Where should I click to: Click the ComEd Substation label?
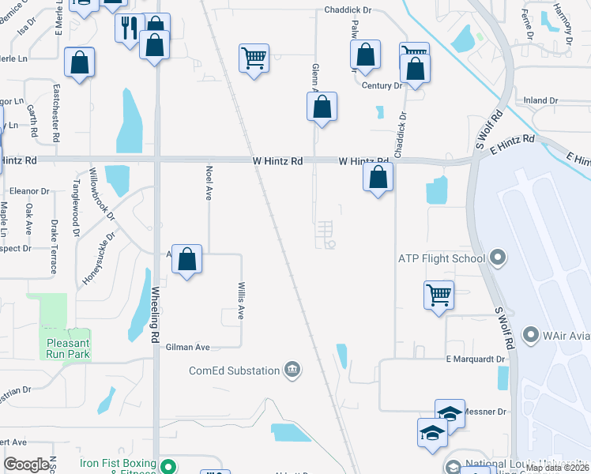(x=234, y=371)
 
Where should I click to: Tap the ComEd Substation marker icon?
(x=292, y=371)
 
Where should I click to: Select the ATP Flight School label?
(x=440, y=258)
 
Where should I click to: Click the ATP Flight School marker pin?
(x=497, y=258)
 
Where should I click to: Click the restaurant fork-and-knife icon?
(x=130, y=28)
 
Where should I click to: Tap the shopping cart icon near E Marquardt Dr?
(x=439, y=295)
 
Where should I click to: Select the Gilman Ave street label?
(x=187, y=347)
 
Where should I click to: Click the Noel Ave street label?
(x=209, y=182)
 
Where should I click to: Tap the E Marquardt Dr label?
(x=475, y=359)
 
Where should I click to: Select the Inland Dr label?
(x=541, y=101)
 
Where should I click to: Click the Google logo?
(x=27, y=465)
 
